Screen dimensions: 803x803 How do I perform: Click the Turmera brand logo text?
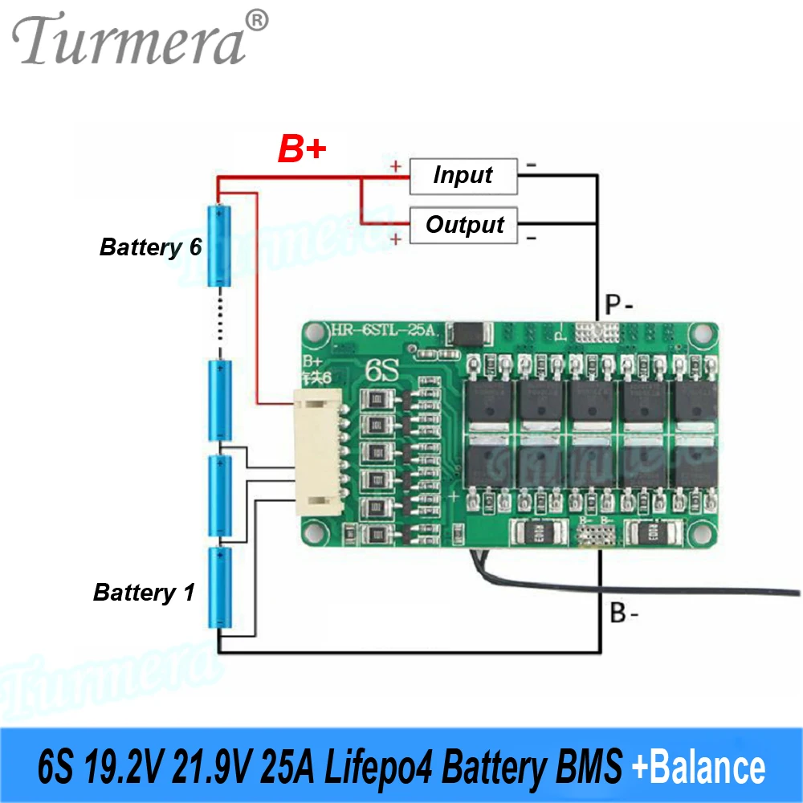click(128, 40)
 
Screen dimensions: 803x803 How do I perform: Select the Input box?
click(463, 176)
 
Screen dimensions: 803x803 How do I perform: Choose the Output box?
click(464, 225)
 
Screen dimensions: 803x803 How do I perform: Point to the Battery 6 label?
click(150, 247)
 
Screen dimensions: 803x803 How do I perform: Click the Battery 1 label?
click(144, 593)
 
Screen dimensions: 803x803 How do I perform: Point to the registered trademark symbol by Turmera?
click(255, 20)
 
